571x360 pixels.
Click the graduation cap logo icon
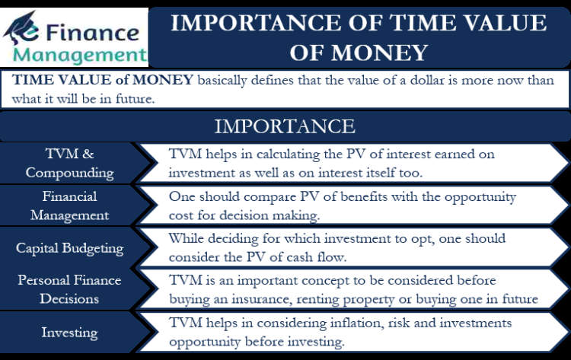21,27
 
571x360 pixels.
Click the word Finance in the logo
92,33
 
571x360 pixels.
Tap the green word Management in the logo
80,56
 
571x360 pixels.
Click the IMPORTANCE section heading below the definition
285,126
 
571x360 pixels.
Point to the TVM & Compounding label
69,163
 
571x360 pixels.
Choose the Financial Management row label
69,205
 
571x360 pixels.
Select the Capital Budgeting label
69,248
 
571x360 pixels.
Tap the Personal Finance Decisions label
69,289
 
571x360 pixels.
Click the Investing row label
69,333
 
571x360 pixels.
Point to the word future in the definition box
135,99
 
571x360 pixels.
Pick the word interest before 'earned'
408,154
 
